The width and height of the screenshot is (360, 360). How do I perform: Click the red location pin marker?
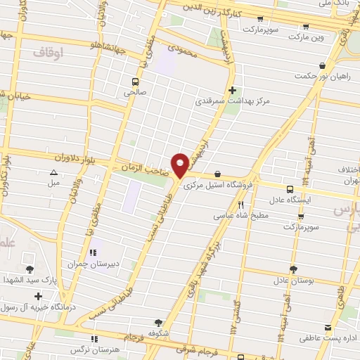click(181, 165)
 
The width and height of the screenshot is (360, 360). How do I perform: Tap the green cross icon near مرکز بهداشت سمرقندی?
click(233, 90)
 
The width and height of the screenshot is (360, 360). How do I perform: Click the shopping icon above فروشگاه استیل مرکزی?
click(217, 174)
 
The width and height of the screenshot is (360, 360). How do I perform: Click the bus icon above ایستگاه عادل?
click(290, 188)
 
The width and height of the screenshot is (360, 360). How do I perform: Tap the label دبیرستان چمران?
click(85, 264)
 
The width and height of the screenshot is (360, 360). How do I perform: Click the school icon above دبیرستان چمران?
click(91, 253)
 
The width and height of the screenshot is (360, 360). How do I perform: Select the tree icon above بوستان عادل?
click(292, 268)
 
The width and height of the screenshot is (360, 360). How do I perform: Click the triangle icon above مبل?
click(53, 172)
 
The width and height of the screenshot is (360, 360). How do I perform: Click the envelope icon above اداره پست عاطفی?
click(327, 327)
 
